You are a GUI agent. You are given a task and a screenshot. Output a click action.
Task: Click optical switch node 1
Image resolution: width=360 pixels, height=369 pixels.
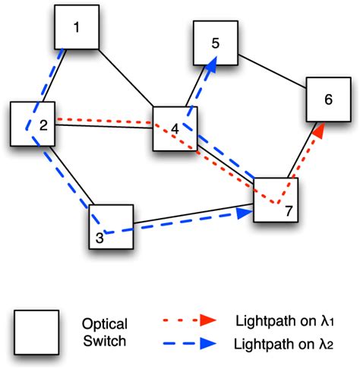(x=77, y=30)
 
